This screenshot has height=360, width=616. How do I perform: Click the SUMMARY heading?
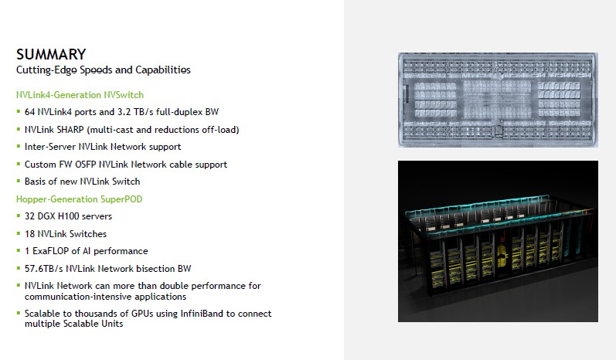pyautogui.click(x=51, y=54)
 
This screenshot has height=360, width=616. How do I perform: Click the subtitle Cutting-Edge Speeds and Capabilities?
pyautogui.click(x=104, y=70)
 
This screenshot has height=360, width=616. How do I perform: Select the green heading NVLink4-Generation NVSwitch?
pyautogui.click(x=80, y=95)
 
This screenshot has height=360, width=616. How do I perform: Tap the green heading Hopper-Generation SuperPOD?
pyautogui.click(x=79, y=199)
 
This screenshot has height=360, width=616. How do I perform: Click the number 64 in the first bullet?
pyautogui.click(x=30, y=112)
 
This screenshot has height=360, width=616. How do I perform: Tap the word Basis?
pyautogui.click(x=36, y=182)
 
